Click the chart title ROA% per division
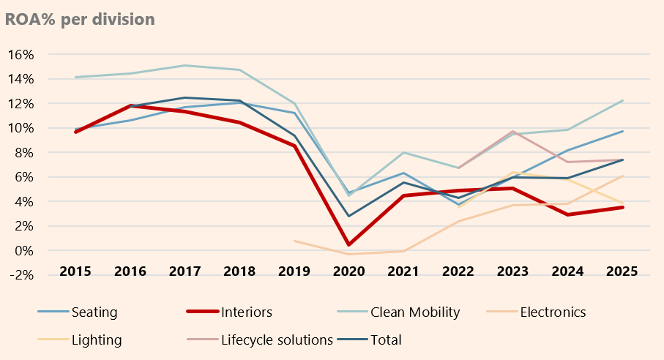click(80, 19)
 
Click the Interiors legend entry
click(245, 312)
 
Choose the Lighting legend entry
click(97, 340)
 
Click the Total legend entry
click(385, 340)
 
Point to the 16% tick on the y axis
click(21, 55)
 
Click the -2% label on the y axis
click(21, 275)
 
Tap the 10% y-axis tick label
click(21, 128)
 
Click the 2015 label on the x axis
click(75, 271)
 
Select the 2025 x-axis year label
click(622, 271)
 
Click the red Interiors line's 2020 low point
click(349, 244)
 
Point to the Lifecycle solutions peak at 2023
click(513, 132)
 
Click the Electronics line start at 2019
click(294, 241)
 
